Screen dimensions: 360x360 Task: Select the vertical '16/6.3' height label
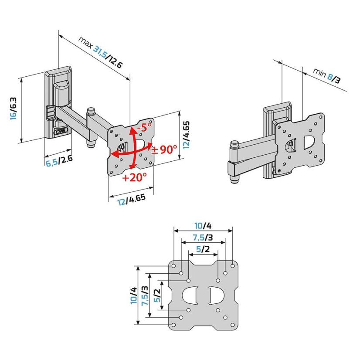coord(13,109)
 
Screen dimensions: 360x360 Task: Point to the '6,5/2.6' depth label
coord(59,161)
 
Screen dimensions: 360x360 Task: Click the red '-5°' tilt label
coord(143,127)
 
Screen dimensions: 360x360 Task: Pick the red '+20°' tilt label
coord(135,178)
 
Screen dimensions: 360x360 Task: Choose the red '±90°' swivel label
coord(164,149)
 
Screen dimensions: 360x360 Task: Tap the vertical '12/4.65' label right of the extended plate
coord(186,135)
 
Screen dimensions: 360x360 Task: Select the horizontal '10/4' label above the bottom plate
coord(203,226)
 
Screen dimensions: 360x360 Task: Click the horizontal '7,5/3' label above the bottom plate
coord(203,238)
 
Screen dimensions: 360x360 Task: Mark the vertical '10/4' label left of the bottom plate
coord(133,295)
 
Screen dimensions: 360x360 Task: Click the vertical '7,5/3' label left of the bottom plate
coord(146,295)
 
